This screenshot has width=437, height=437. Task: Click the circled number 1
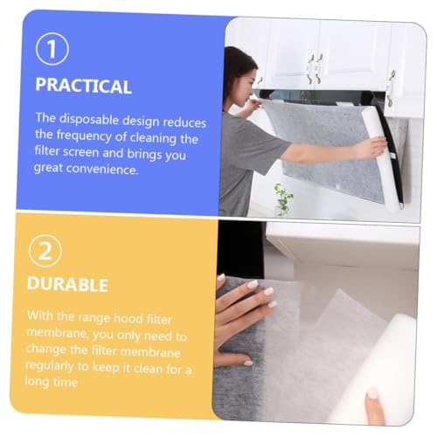coord(52,49)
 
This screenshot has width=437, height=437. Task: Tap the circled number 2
coord(45,251)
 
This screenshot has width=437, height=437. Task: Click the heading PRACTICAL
coord(83,86)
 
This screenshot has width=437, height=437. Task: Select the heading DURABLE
coord(67,284)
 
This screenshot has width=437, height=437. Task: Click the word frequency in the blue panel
coord(84,136)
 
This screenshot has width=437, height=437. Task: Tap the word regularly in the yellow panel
coord(49,366)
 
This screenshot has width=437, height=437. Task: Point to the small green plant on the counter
coord(282,199)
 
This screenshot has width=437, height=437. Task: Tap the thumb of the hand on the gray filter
coord(233,359)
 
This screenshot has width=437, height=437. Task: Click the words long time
coord(52,382)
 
